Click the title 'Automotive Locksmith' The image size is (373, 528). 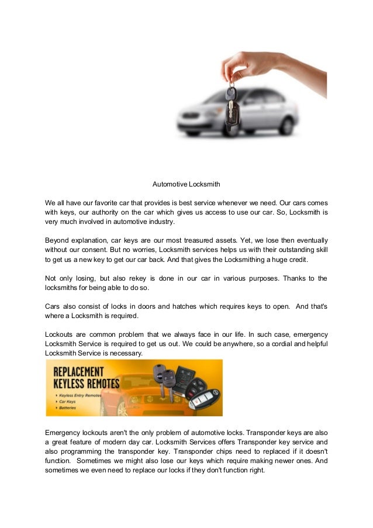click(186, 184)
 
